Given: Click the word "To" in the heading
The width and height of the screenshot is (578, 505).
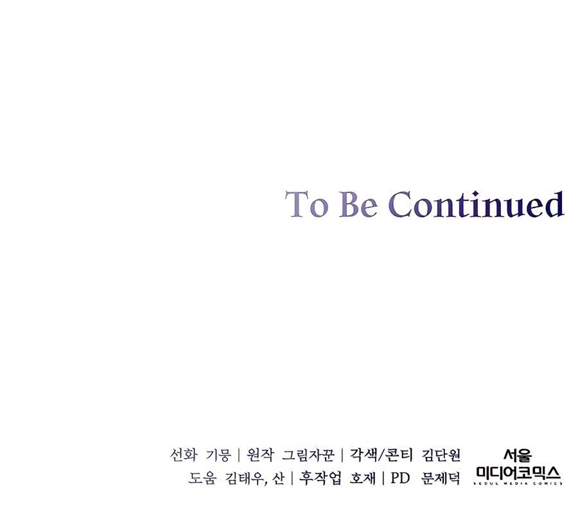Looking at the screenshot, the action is coord(306,204).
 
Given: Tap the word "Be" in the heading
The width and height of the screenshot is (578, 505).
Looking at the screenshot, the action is coord(358,204).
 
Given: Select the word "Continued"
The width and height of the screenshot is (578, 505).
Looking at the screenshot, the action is coord(477,204).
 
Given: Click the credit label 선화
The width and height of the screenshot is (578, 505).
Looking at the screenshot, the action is coord(183,455).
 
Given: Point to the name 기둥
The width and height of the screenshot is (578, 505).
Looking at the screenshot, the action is coord(218,455).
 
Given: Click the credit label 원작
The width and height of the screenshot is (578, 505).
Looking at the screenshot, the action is coord(260,455).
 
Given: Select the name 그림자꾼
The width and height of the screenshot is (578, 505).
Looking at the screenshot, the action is coord(308,455).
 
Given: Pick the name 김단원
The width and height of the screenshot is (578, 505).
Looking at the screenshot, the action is coord(441,455).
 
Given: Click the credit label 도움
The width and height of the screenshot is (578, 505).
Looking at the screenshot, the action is coord(202,479).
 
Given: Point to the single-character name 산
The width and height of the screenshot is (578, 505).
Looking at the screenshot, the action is coord(278,479).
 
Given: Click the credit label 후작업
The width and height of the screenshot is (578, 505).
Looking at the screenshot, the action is coord(320,479).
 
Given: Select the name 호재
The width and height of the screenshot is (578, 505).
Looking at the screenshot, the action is coord(363,479).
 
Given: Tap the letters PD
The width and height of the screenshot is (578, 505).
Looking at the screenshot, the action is coord(400,479).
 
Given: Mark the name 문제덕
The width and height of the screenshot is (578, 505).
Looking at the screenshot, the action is coord(441,479).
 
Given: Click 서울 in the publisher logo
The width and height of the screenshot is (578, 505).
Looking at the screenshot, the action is coord(518,456).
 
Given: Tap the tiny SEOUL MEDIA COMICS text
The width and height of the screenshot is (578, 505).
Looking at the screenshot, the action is coord(518,483).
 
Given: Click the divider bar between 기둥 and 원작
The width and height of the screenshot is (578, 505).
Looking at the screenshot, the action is coord(239,455).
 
